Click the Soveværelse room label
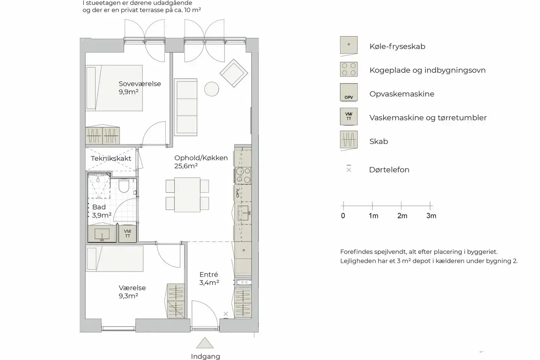coord(140,84)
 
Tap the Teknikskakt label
coord(111,158)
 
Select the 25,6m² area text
coord(186,166)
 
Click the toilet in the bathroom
coord(124,185)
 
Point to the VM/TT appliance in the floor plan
coord(127,234)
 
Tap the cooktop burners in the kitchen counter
coord(243,175)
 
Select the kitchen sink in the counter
coord(243,213)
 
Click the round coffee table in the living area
coord(211,89)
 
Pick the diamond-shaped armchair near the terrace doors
coord(234,73)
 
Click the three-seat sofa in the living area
coord(186,107)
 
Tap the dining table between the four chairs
coord(187,195)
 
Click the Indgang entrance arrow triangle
coord(205,343)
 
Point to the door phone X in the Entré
coord(226,314)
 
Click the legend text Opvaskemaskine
coord(402,94)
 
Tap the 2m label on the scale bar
coord(402,216)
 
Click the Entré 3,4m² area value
coord(209,283)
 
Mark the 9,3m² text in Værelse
coord(128,296)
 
